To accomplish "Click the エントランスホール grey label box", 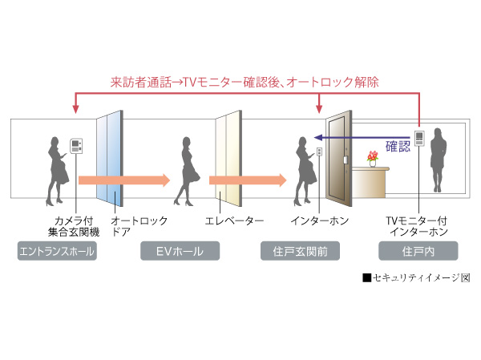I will click(x=57, y=253).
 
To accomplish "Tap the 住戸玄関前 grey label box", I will click(x=300, y=253).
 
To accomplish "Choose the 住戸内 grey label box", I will click(x=418, y=253).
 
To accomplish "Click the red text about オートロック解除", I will click(x=245, y=81).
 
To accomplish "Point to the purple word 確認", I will click(x=398, y=147).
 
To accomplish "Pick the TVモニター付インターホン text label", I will click(x=417, y=225).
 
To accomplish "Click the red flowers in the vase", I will click(x=371, y=155).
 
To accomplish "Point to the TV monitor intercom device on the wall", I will click(x=418, y=137).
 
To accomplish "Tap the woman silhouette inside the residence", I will click(x=439, y=160).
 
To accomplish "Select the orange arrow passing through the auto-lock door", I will click(x=124, y=180).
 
